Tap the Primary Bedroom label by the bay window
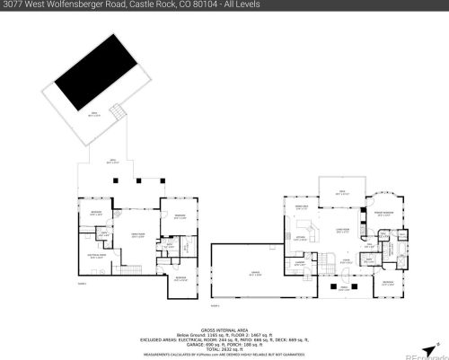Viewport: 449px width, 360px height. (387, 212)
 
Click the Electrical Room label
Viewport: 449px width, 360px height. (97, 256)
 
